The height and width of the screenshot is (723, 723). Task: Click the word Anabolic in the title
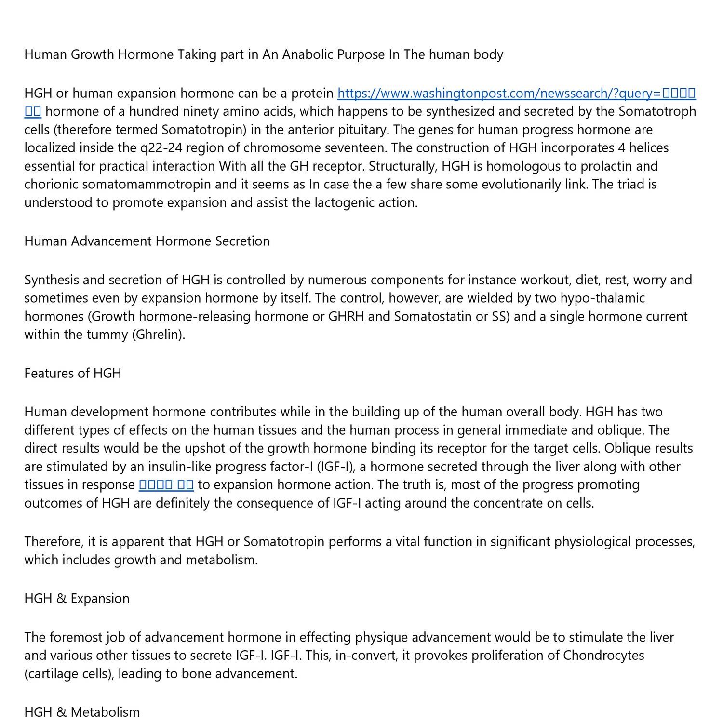coord(307,54)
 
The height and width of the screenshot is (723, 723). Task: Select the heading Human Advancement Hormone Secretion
coord(147,241)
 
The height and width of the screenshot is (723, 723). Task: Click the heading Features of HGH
coord(73,374)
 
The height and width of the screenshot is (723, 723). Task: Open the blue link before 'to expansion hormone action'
coord(166,485)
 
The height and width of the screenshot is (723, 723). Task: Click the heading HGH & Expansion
coord(77,599)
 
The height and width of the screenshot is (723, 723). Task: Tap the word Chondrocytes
coord(603,656)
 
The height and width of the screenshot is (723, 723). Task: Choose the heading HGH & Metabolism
coord(82,712)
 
